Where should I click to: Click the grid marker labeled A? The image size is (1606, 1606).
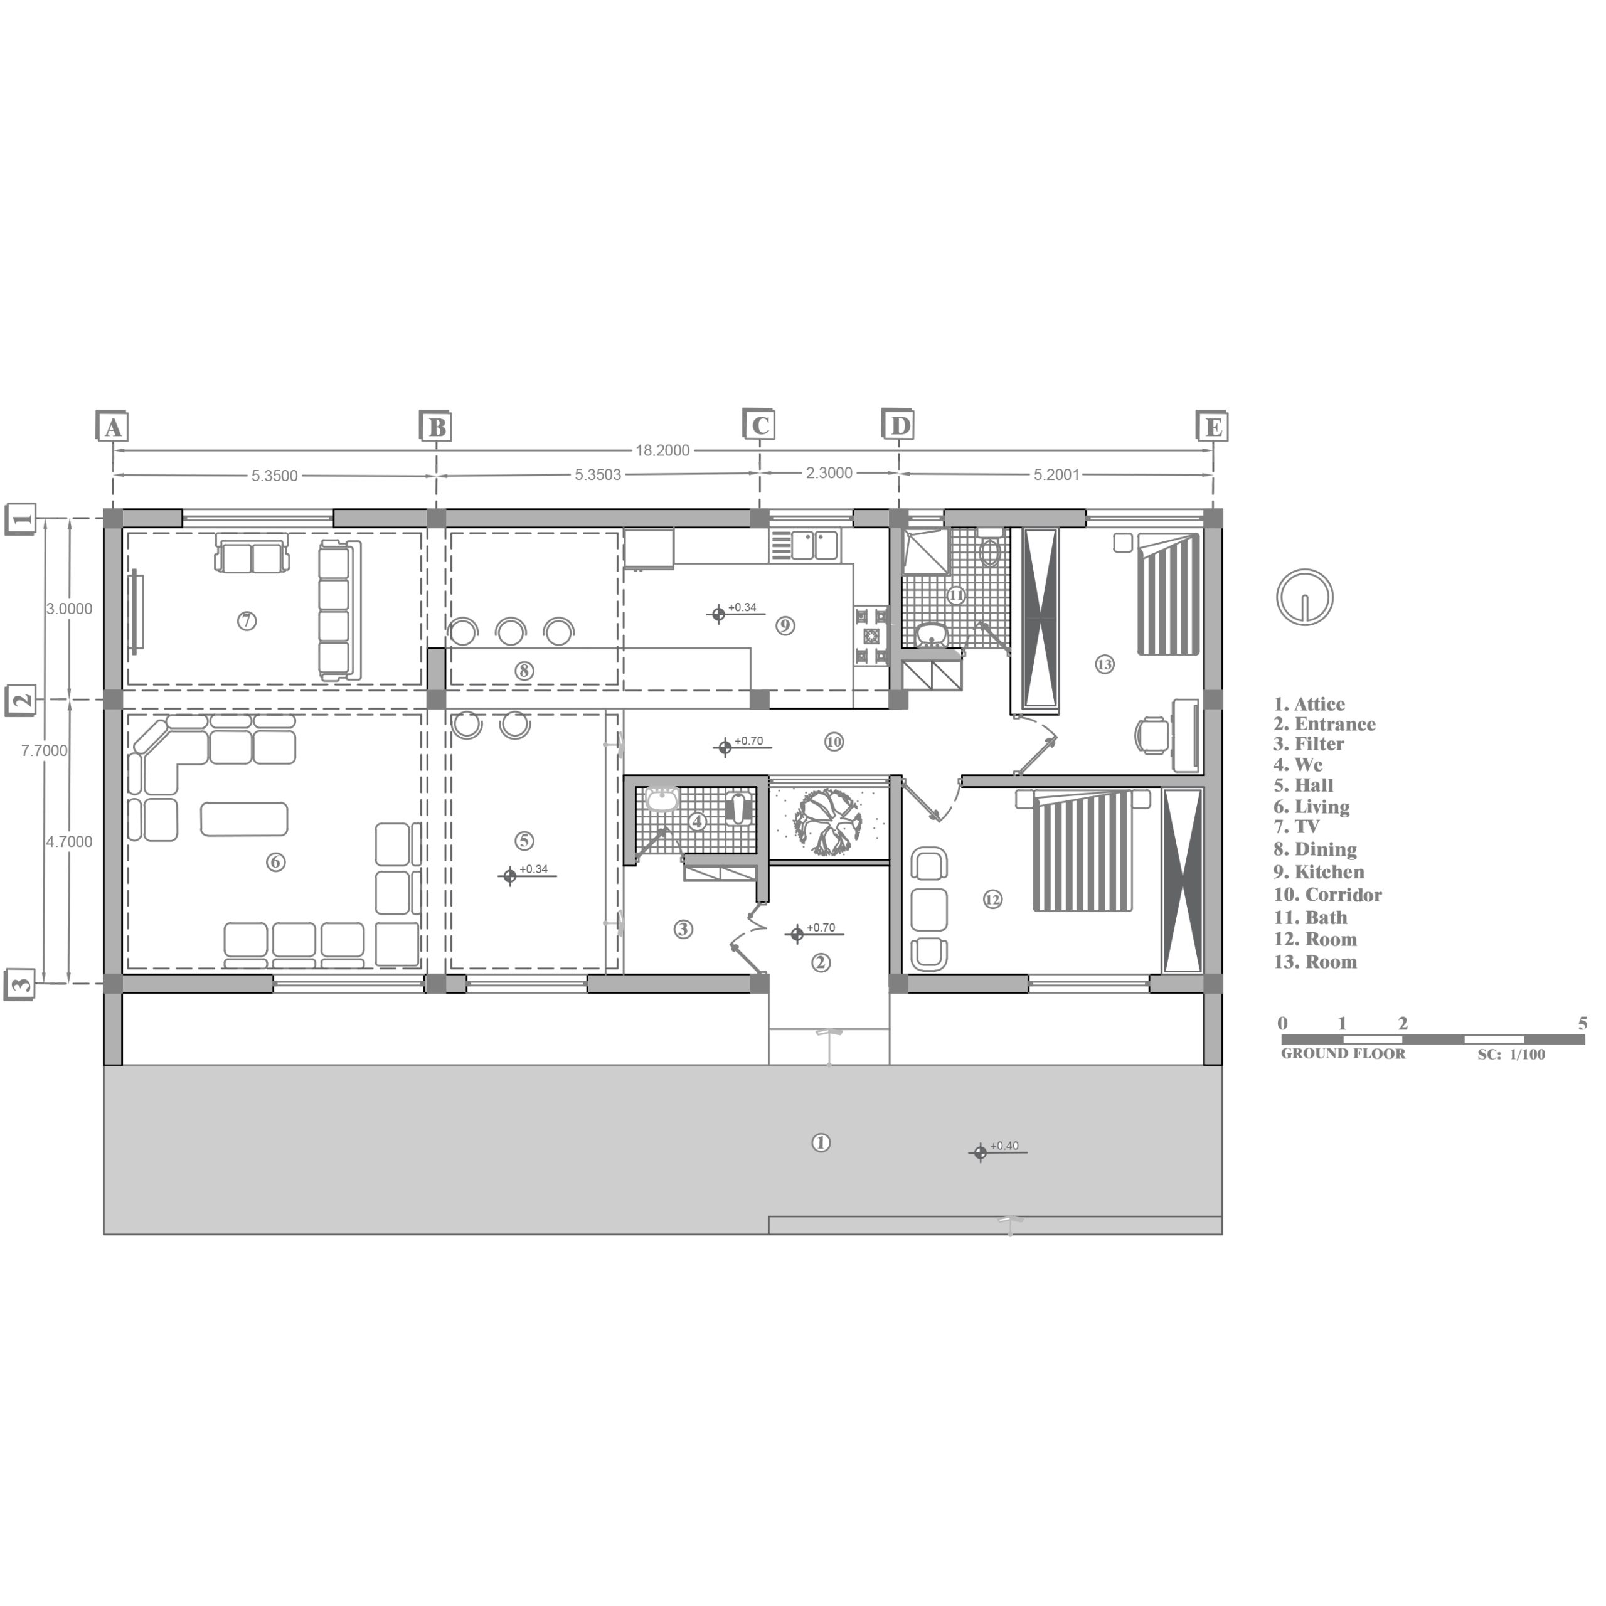click(113, 427)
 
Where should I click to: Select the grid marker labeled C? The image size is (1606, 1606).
click(760, 425)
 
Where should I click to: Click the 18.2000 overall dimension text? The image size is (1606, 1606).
click(662, 450)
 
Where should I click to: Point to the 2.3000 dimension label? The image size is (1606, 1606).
click(829, 473)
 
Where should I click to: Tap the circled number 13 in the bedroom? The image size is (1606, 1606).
click(1104, 664)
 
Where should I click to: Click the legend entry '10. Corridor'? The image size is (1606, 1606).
click(1327, 895)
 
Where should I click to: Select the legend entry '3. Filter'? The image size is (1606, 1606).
click(1309, 744)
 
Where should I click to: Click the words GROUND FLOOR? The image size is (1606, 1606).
click(1343, 1054)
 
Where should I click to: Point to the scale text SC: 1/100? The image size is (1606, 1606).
click(1511, 1055)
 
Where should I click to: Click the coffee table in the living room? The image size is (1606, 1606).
click(245, 819)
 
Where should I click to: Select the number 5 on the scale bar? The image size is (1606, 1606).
click(1583, 1023)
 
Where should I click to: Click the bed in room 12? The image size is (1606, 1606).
click(1082, 851)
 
